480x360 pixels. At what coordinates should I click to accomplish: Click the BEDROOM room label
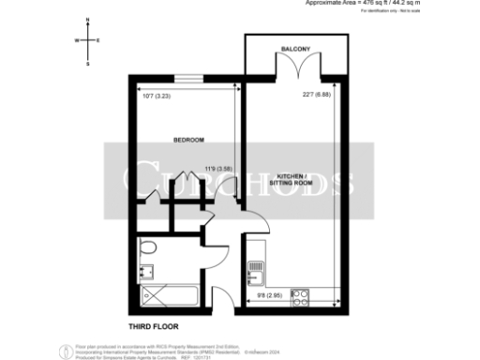point(189,141)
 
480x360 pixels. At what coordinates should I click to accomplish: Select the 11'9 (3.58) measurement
point(219,170)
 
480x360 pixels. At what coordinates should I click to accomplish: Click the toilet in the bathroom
point(147,248)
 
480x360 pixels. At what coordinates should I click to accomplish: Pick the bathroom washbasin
point(144,273)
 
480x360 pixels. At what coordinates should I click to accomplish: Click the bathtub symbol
point(171,299)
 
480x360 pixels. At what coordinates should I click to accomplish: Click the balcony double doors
point(294,70)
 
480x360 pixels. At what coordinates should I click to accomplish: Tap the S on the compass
point(87,64)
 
